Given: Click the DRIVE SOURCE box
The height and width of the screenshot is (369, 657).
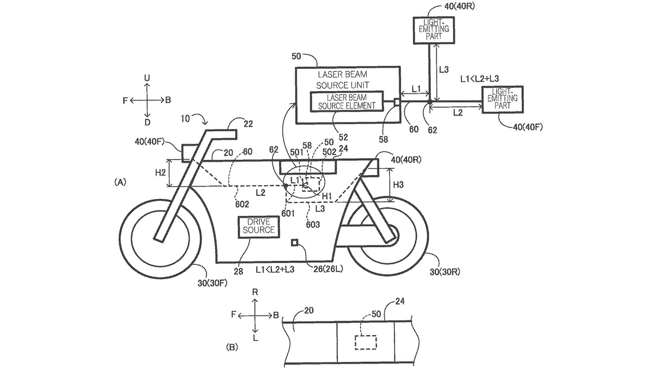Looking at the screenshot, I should tap(259, 226).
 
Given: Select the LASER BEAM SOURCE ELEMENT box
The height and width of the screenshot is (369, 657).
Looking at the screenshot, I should tap(347, 101).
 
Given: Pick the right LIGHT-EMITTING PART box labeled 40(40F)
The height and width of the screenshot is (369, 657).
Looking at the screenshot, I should tap(503, 99).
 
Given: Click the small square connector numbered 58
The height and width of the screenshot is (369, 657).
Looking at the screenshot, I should tap(397, 102).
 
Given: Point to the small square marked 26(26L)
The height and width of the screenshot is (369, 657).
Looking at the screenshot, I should tap(294, 243).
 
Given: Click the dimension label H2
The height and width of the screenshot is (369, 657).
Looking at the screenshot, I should tap(161, 173).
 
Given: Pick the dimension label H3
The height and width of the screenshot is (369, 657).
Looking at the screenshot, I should tap(398, 184).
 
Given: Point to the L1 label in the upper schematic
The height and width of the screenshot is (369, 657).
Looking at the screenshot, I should tap(416, 89).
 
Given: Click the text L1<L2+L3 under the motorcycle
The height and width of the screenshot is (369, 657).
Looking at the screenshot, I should tap(275, 269).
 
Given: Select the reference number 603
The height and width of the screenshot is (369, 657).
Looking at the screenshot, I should tap(313, 224).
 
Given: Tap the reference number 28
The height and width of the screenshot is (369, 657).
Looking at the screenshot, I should tap(238, 271).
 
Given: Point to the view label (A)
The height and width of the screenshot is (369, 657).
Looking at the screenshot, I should tap(120, 182).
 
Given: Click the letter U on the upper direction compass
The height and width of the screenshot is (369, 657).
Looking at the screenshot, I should tap(147, 78).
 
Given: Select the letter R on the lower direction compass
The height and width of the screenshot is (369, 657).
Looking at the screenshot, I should tap(255, 292).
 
